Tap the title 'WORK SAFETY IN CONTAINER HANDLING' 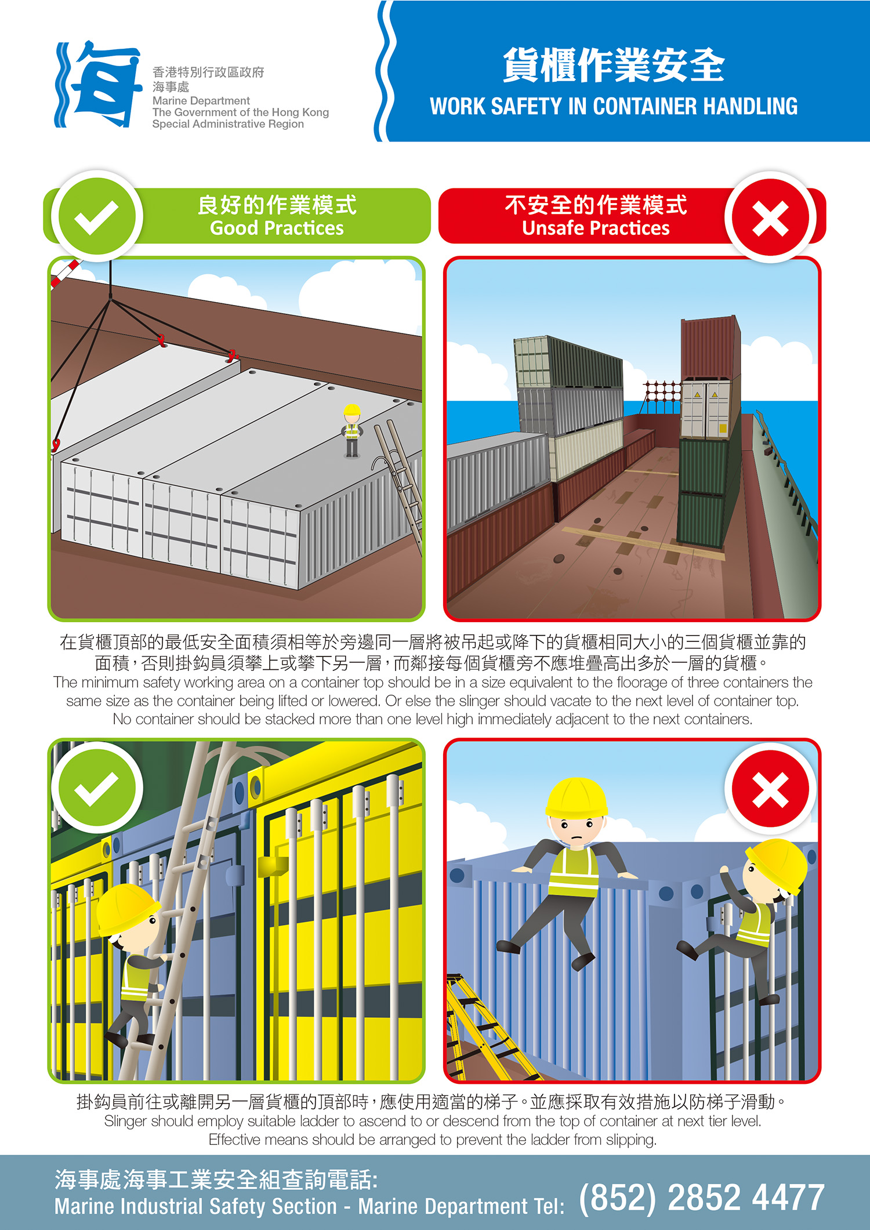[x=614, y=107]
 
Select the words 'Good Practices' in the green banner [x=277, y=228]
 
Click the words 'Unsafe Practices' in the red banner [x=596, y=228]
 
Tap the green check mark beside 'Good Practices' [x=97, y=216]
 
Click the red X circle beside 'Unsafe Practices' [x=770, y=218]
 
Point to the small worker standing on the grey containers [x=351, y=430]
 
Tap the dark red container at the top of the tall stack [x=710, y=349]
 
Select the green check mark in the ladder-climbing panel [x=97, y=788]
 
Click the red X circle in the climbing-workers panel [x=770, y=789]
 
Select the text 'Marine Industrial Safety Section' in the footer [x=195, y=1206]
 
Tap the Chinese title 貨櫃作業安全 [x=614, y=65]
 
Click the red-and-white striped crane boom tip [x=65, y=273]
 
